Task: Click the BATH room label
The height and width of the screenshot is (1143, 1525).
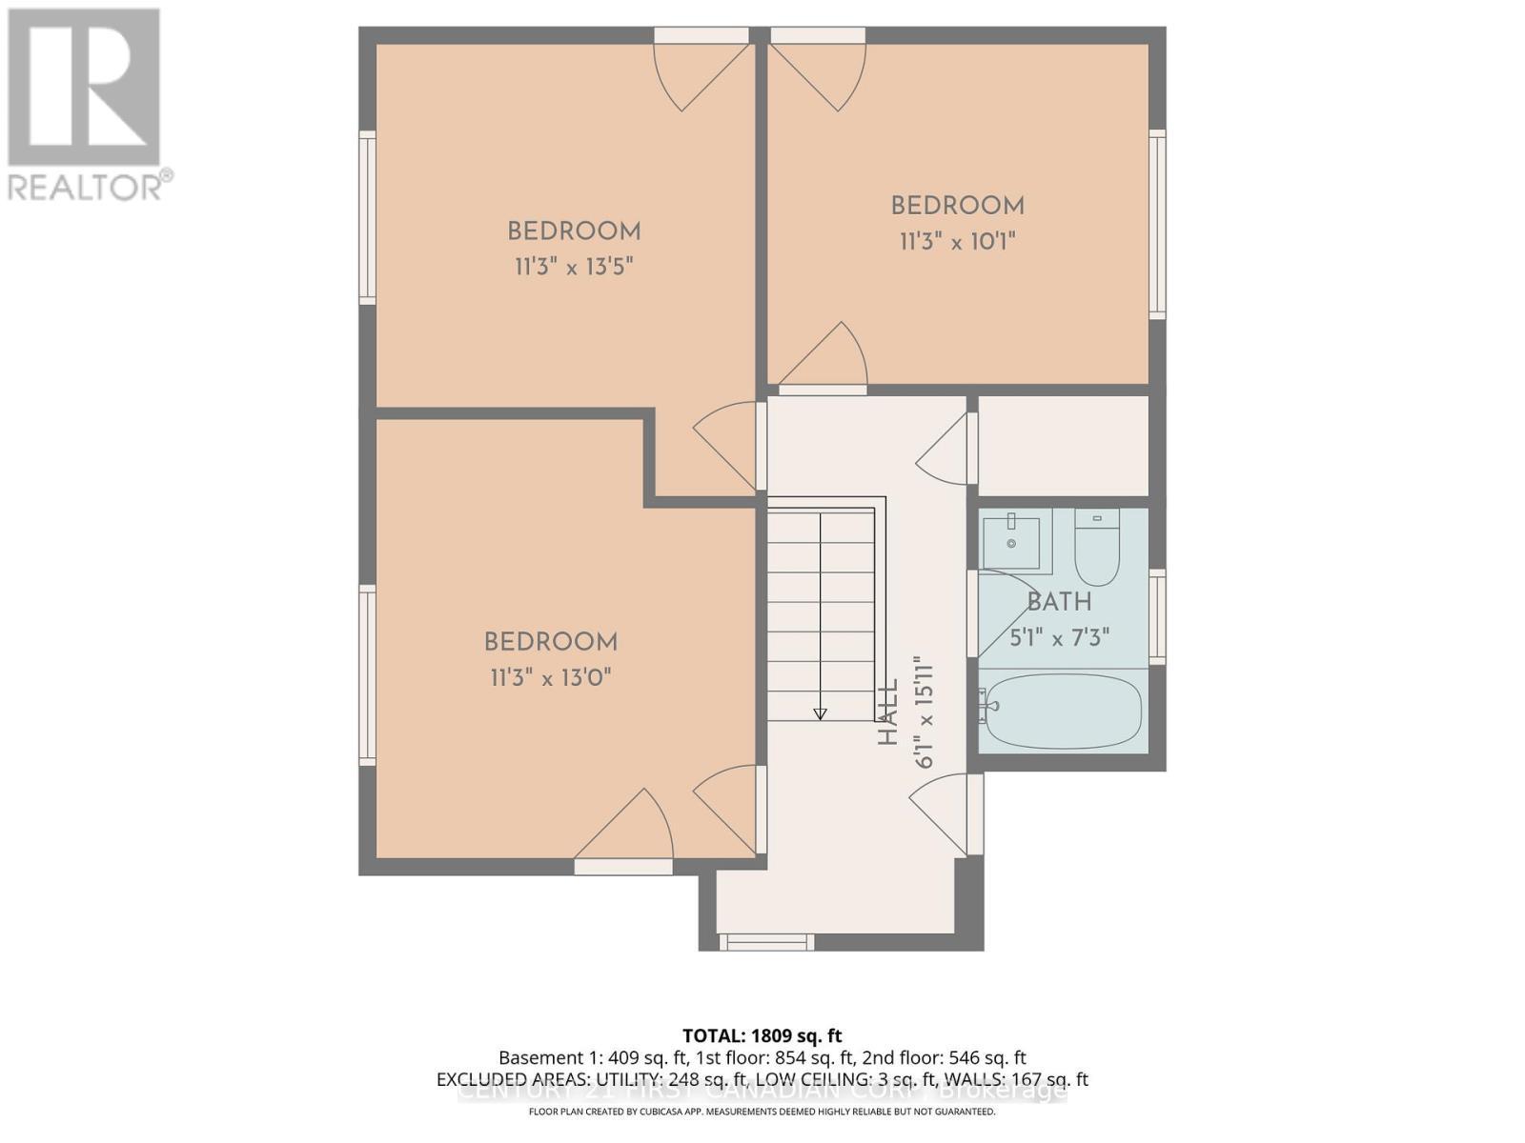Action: point(1059,602)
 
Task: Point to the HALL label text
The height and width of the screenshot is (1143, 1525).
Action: point(888,713)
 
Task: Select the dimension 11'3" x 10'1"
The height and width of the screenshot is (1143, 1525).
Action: point(957,241)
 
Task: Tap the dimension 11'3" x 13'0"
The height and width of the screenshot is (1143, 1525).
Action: point(550,677)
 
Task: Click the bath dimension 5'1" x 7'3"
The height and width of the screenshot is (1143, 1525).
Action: point(1059,637)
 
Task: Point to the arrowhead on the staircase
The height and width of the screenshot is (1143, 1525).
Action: point(820,713)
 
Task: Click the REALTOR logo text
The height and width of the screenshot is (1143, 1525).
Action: point(91,186)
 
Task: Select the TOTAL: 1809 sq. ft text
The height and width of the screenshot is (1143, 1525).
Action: point(762,1035)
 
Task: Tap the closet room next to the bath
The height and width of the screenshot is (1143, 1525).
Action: point(1063,446)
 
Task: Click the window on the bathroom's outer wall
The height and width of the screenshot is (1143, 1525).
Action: point(1157,616)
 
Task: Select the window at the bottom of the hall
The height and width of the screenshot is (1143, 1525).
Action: point(766,942)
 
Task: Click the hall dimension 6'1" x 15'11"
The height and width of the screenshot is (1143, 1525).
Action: point(923,712)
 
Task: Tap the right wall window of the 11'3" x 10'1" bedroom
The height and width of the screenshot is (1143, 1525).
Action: point(1157,224)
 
